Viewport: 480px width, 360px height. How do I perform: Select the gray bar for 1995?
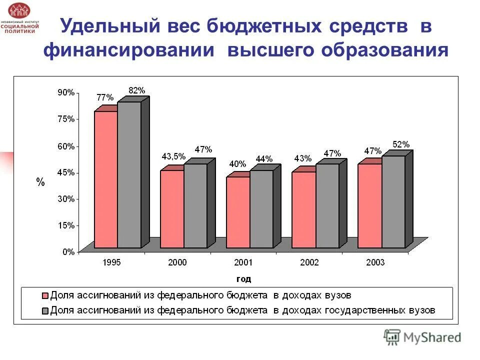click(x=129, y=174)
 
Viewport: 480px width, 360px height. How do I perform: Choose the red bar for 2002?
click(x=304, y=209)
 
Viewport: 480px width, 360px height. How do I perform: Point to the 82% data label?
click(x=136, y=90)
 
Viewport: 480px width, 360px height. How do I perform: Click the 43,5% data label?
click(x=173, y=156)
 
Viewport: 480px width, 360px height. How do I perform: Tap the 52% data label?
click(x=401, y=144)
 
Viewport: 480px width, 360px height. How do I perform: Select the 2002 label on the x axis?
click(x=309, y=262)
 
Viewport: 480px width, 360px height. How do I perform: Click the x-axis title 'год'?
click(x=243, y=278)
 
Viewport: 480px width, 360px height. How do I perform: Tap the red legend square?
click(x=45, y=295)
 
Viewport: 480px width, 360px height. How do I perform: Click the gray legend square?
click(x=45, y=310)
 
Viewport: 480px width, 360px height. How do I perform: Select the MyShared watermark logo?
click(x=422, y=337)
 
